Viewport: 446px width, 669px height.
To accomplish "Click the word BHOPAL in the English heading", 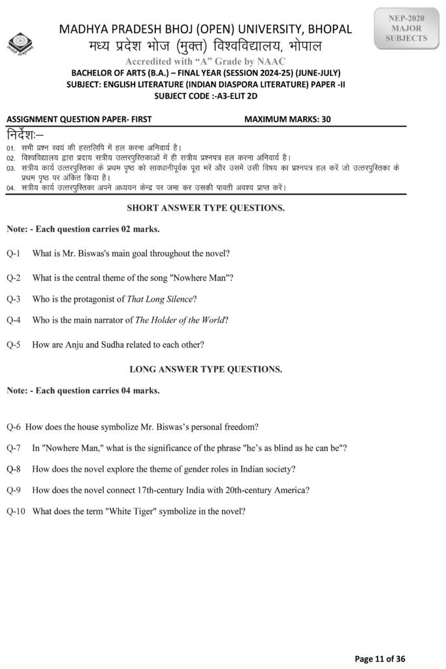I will (x=330, y=29).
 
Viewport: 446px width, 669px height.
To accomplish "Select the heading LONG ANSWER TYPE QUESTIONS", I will (x=206, y=369).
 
